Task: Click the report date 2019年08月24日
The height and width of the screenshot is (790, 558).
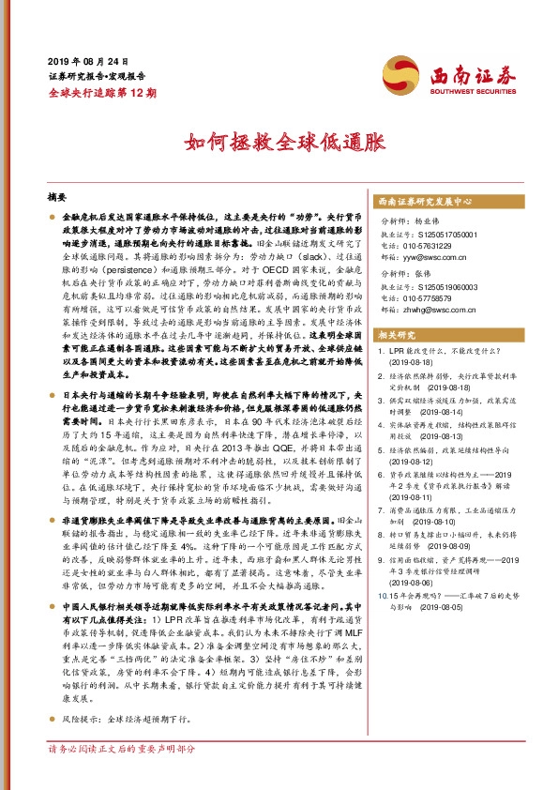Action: pyautogui.click(x=85, y=59)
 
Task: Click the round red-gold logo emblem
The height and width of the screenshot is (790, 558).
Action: pyautogui.click(x=399, y=74)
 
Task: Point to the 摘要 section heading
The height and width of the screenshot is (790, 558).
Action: pyautogui.click(x=58, y=198)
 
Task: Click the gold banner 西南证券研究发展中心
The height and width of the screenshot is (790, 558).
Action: pyautogui.click(x=423, y=202)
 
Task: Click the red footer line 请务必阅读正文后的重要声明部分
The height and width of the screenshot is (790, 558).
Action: pyautogui.click(x=122, y=776)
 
